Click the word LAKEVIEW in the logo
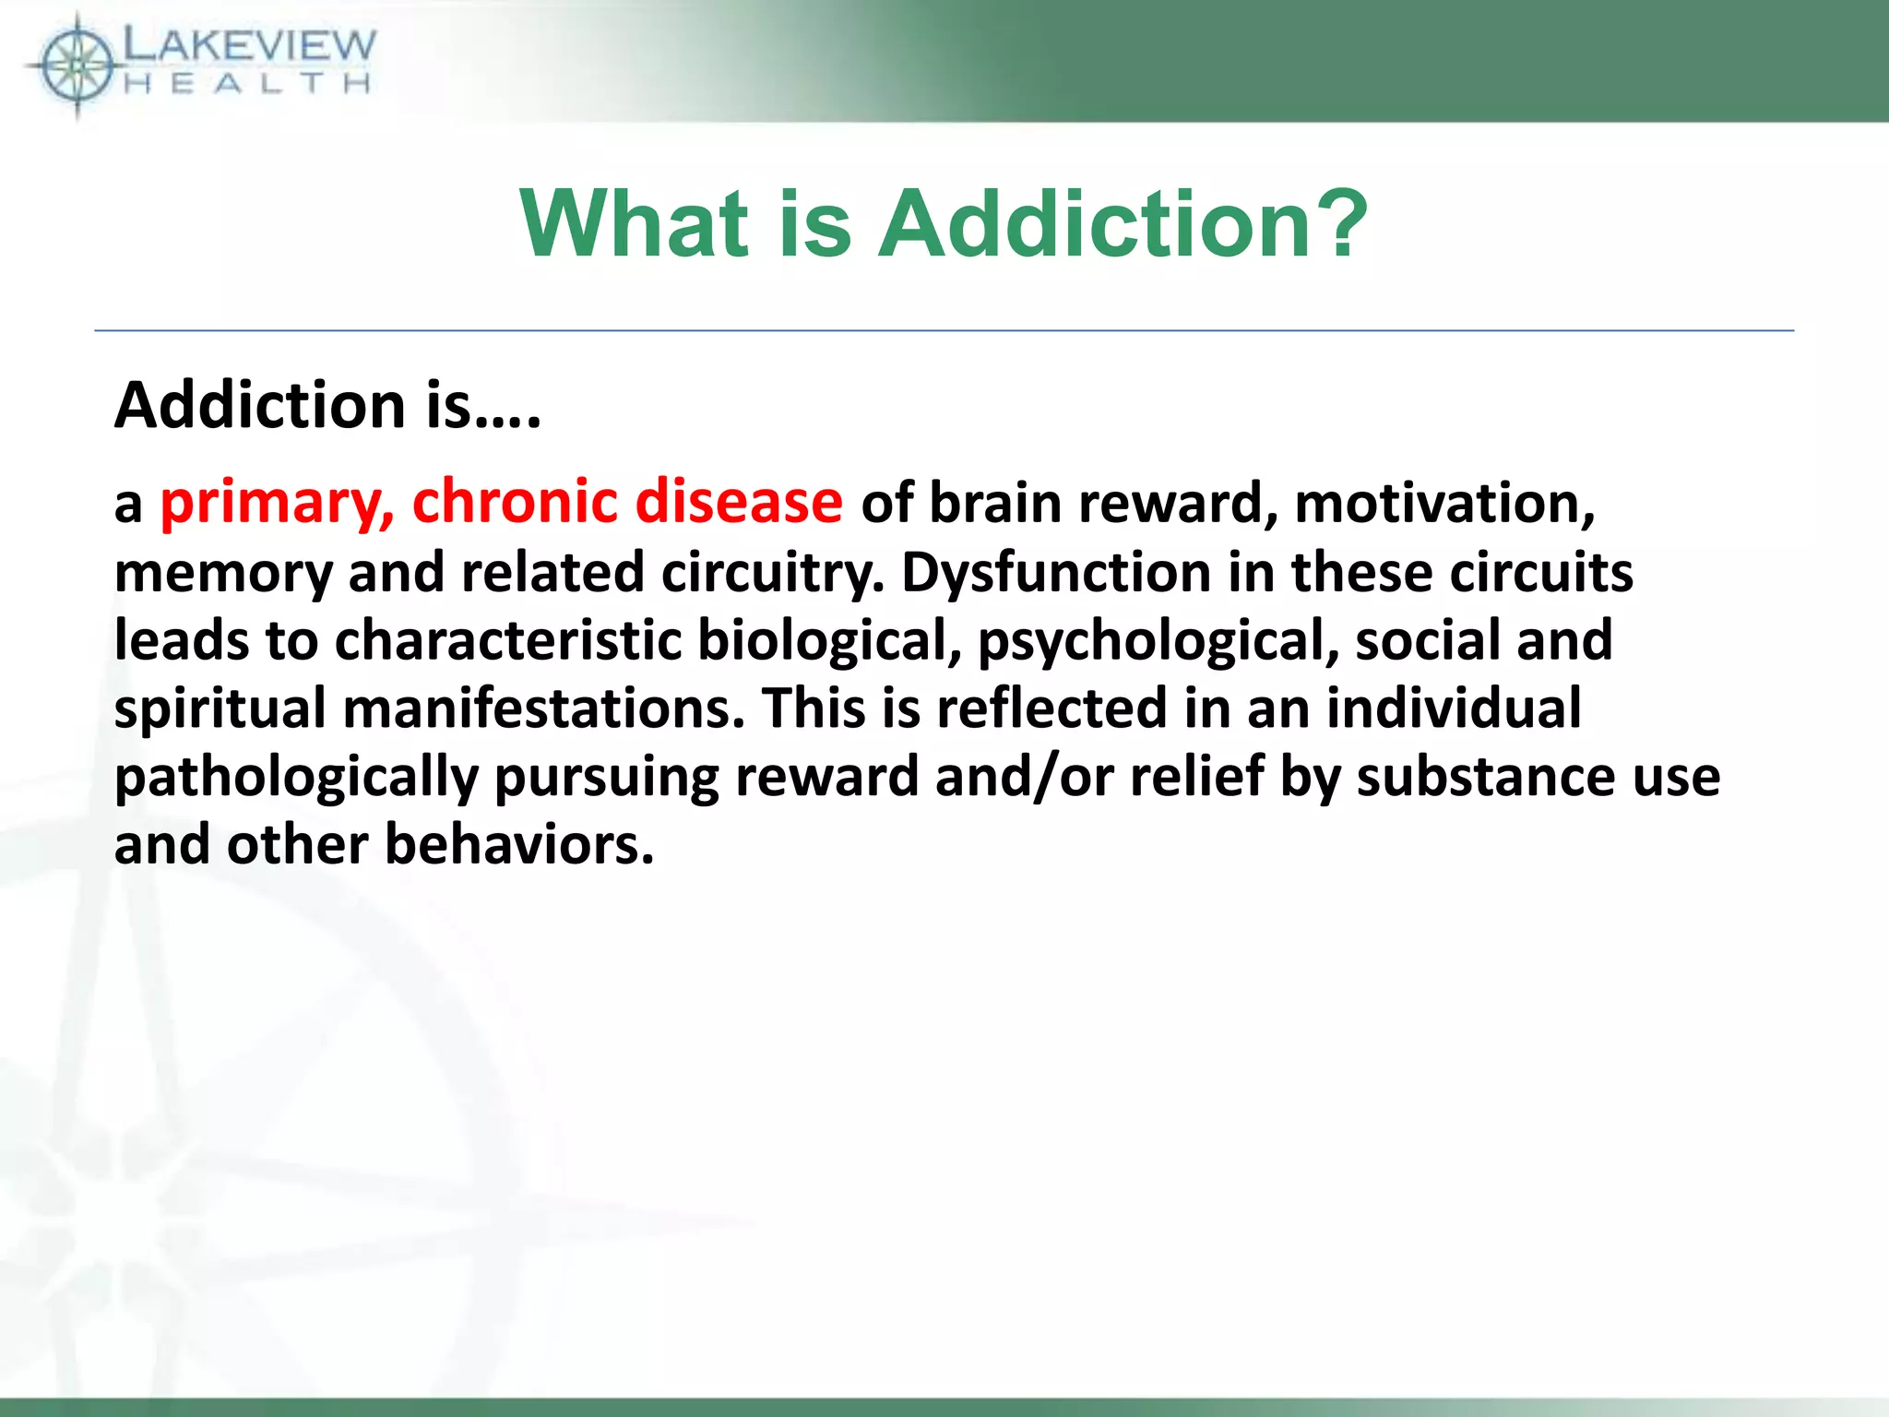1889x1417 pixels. click(x=249, y=44)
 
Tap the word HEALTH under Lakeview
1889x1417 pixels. click(x=247, y=85)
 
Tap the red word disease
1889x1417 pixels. click(x=738, y=504)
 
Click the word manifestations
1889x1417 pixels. click(x=543, y=708)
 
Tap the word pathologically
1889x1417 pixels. click(x=296, y=778)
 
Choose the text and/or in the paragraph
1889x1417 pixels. click(x=1025, y=778)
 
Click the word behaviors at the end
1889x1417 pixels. click(x=518, y=845)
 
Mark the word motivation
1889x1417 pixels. click(x=1444, y=504)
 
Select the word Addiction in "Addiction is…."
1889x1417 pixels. click(x=260, y=406)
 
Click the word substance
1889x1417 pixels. click(x=1486, y=778)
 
